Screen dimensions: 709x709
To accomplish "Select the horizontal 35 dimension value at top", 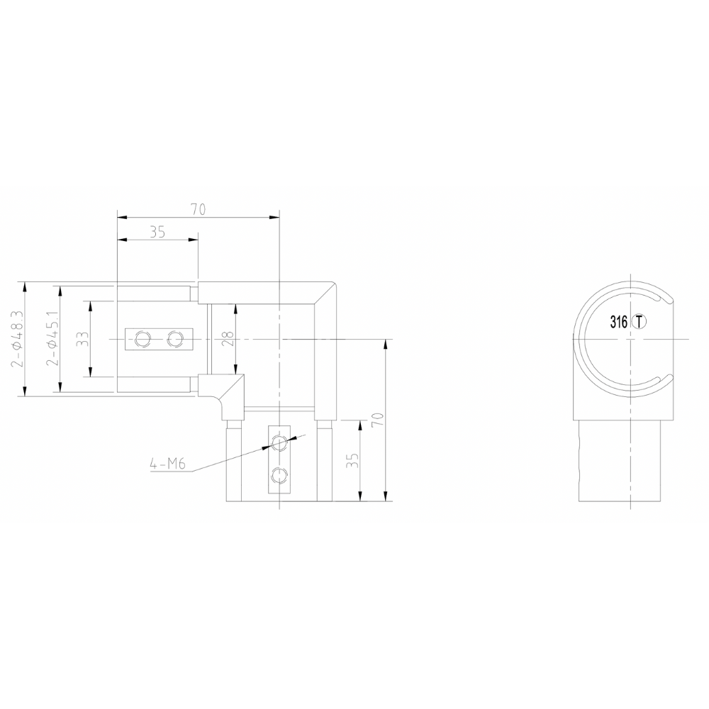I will (157, 232).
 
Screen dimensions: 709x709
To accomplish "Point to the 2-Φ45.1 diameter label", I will (52, 339).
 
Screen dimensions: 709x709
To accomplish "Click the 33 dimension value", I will (83, 339).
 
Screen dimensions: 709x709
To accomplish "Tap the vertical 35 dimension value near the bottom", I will (352, 462).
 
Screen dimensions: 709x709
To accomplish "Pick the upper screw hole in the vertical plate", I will (281, 443).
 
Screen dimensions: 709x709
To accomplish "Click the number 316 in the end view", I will (618, 322).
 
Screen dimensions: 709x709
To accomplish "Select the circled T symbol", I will (640, 322).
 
